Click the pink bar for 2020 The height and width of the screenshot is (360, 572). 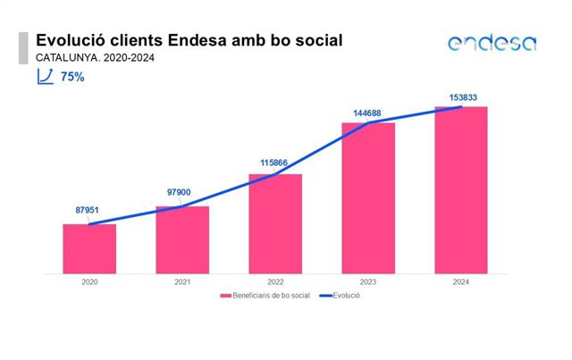(x=89, y=248)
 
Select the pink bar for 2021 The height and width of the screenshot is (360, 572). (x=182, y=240)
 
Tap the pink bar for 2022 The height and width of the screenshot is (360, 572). (x=275, y=224)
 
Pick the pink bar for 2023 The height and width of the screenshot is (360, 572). (x=368, y=198)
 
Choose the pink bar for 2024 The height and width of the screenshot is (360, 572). (x=461, y=190)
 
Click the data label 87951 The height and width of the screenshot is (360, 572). (x=88, y=210)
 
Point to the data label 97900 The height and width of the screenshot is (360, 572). (x=179, y=192)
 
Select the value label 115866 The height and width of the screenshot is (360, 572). (x=274, y=163)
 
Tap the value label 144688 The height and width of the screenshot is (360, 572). (x=367, y=113)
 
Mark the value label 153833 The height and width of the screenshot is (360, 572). (x=463, y=97)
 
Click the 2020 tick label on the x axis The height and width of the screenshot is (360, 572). (x=89, y=282)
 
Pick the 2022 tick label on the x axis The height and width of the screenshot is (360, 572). (x=275, y=282)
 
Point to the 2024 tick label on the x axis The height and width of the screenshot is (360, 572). (x=461, y=282)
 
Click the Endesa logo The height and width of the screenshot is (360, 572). (x=492, y=43)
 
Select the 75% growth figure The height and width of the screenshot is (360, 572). (x=72, y=77)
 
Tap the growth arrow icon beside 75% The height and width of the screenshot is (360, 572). (x=46, y=77)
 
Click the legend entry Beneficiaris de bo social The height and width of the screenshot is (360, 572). (x=265, y=296)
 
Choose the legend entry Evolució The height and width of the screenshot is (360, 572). (x=340, y=296)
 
